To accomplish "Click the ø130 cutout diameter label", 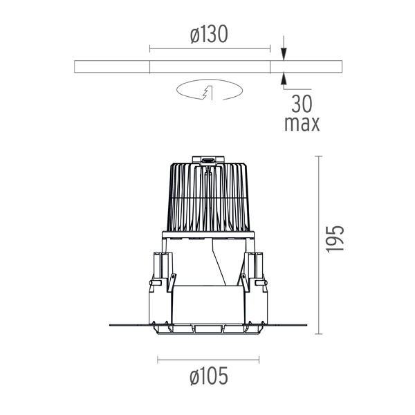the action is (x=209, y=34).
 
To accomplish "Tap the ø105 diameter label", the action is (x=209, y=376).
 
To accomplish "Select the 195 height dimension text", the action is (x=335, y=239).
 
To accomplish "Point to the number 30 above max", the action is (x=302, y=104).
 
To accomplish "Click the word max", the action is (x=302, y=124).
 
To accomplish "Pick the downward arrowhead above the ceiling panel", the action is (x=284, y=54).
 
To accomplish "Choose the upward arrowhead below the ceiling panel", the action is (x=284, y=79).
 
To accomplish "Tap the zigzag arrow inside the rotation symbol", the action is (x=207, y=93).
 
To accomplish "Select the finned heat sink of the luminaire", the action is (x=209, y=197).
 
